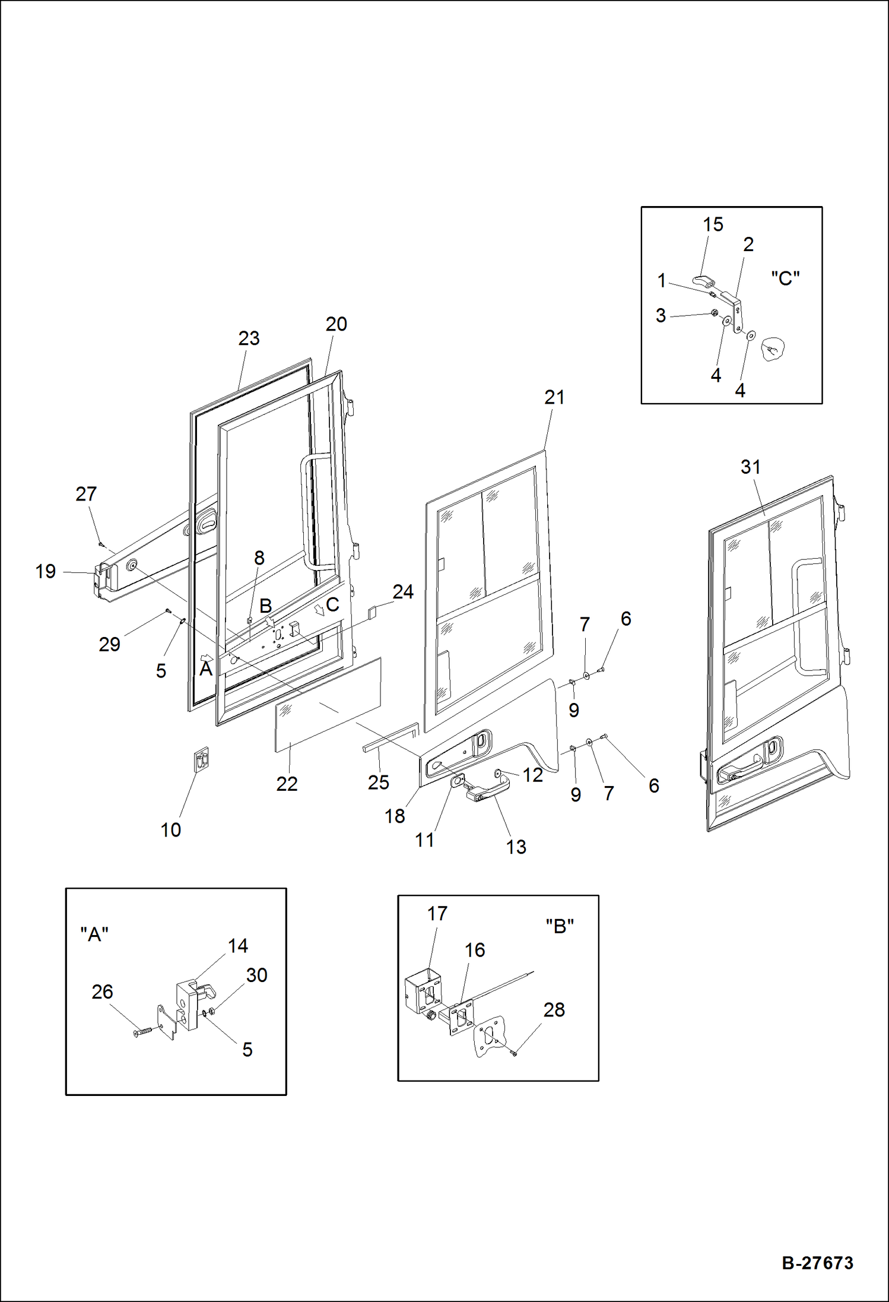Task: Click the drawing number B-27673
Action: (x=817, y=1263)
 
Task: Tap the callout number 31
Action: (x=750, y=467)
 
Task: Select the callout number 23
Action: (x=249, y=338)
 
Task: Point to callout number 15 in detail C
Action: (x=713, y=224)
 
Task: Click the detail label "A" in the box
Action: (x=94, y=934)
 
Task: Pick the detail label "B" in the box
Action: (x=559, y=926)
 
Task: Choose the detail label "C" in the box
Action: (x=785, y=278)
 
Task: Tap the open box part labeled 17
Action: (x=423, y=992)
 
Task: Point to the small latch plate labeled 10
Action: (x=202, y=759)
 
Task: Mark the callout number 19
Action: (x=45, y=571)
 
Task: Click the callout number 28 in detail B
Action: (x=554, y=1009)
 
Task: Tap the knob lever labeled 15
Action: (x=702, y=280)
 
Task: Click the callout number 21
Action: (x=554, y=397)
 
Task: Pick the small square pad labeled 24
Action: (x=373, y=612)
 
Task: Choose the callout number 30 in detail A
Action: (x=256, y=975)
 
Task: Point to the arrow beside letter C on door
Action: (x=319, y=609)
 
